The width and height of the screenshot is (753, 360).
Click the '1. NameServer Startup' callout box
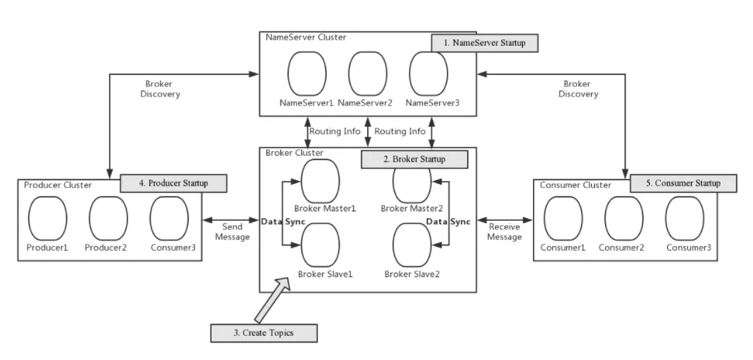point(485,43)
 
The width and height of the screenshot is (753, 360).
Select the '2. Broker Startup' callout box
point(415,159)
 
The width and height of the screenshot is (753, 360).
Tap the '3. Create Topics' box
point(263,333)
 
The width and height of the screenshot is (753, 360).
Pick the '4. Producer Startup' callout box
point(174,183)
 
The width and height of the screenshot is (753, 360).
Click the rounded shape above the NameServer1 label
point(307,74)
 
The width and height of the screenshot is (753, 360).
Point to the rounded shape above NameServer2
point(367,74)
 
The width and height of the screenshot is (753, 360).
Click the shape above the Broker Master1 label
point(320,180)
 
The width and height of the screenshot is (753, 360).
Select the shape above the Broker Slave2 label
point(412,244)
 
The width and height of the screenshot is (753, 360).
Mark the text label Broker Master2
point(412,208)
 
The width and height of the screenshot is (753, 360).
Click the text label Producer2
point(108,248)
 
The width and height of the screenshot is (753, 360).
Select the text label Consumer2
point(624,248)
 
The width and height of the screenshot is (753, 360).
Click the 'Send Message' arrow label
point(234,231)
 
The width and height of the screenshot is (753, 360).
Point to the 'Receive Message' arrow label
point(504,231)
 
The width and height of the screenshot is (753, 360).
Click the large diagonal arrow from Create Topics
point(272,300)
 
